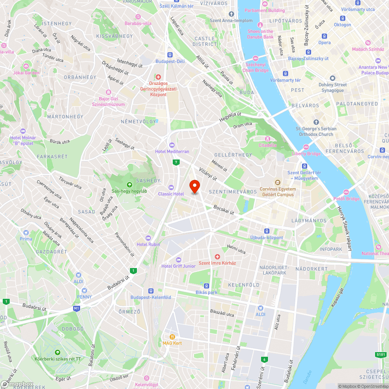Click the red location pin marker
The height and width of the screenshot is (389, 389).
(194, 186)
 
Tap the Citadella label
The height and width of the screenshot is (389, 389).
(267, 145)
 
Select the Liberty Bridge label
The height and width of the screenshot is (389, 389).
(306, 153)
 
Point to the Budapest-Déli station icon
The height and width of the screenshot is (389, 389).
(170, 55)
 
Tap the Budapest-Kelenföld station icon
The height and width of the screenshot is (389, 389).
(151, 291)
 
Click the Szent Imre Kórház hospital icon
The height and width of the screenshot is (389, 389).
(217, 257)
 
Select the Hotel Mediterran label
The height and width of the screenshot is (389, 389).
(172, 151)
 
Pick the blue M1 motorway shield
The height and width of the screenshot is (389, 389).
(76, 308)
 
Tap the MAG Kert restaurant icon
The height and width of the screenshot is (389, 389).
(172, 336)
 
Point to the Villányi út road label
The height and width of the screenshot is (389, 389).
(208, 175)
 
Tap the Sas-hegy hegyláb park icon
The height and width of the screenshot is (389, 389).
(129, 185)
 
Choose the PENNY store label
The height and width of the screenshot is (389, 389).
(84, 297)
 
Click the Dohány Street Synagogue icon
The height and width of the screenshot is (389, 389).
(332, 78)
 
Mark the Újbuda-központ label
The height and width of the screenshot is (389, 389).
(266, 238)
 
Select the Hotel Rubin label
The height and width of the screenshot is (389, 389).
(148, 244)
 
